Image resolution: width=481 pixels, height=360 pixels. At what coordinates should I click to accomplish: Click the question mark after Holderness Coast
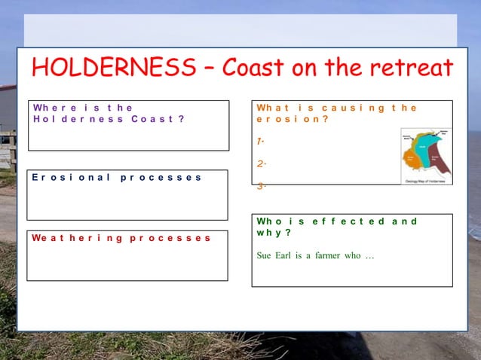[x=181, y=119]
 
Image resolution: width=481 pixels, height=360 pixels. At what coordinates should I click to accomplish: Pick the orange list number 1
[x=259, y=142]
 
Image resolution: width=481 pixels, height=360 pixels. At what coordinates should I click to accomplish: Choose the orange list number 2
[x=259, y=164]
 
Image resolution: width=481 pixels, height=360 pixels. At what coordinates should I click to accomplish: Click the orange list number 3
[x=259, y=187]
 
